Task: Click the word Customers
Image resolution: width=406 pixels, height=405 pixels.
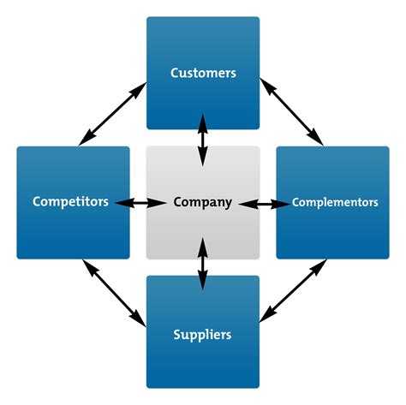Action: (x=203, y=73)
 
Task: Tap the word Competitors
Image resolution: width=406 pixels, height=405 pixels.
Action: (x=70, y=201)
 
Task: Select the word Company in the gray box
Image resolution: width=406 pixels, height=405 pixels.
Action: (x=203, y=202)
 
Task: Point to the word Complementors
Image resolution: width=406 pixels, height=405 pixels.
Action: (x=335, y=202)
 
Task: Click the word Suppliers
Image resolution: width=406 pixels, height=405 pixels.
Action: (x=202, y=335)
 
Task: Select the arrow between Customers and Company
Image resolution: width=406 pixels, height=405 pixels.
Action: (x=203, y=140)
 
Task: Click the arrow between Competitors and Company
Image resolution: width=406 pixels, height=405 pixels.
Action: (x=140, y=203)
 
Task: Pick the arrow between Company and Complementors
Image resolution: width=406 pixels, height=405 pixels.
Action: (x=265, y=204)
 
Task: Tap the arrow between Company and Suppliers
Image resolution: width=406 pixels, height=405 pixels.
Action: (x=203, y=264)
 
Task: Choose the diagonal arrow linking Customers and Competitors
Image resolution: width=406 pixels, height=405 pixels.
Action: (x=112, y=114)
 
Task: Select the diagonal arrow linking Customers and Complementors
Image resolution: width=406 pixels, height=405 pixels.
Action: (x=291, y=112)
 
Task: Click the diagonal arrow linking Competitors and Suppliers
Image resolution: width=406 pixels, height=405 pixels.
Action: (x=114, y=293)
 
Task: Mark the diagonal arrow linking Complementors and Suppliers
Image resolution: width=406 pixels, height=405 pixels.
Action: (x=293, y=290)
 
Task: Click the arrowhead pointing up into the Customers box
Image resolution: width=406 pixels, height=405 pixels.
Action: (x=203, y=122)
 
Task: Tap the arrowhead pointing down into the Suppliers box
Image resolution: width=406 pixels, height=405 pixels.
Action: (x=203, y=282)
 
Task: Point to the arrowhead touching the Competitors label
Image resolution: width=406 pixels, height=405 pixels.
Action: (x=123, y=203)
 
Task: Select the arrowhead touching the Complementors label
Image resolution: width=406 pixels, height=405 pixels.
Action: (x=282, y=204)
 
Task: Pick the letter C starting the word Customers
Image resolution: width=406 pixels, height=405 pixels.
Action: (x=175, y=73)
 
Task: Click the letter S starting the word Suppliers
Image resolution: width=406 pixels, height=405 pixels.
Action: (x=177, y=335)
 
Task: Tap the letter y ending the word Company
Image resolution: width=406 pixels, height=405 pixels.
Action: (x=229, y=205)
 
